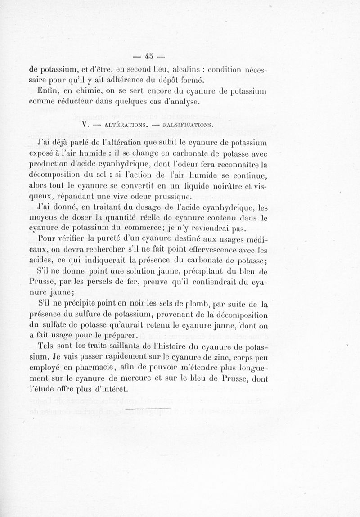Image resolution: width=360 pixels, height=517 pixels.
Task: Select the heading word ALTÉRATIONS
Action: (124, 123)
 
